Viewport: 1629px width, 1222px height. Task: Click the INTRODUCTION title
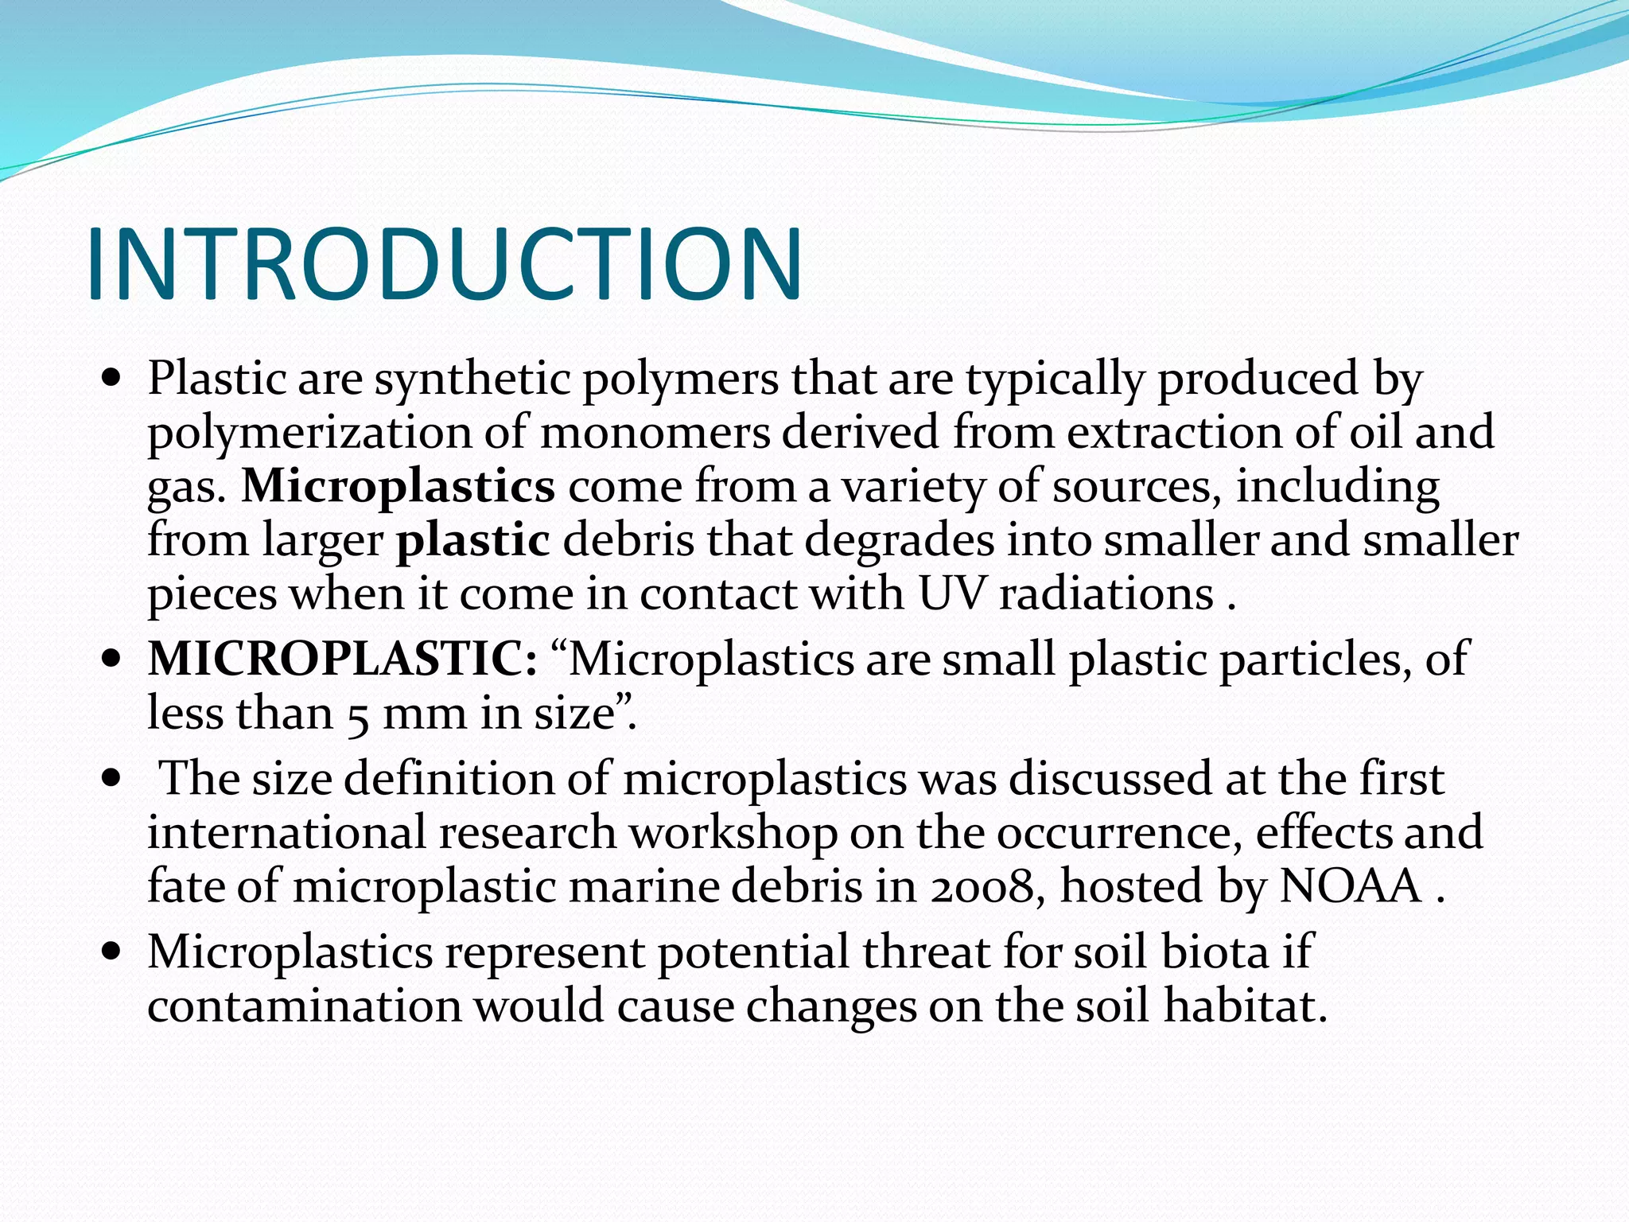point(444,265)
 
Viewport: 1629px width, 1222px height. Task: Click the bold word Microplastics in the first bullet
point(398,486)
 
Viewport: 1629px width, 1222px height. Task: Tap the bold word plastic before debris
point(472,541)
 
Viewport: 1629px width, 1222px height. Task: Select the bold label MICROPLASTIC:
point(342,660)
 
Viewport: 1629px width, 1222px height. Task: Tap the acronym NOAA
point(1350,887)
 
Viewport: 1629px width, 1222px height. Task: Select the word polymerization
point(309,434)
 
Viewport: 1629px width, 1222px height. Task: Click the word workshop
point(733,833)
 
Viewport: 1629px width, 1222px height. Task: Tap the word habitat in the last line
point(1245,1006)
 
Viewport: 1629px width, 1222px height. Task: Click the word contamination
point(304,1006)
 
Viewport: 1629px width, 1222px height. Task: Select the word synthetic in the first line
point(472,379)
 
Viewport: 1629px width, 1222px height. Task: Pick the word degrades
point(899,541)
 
